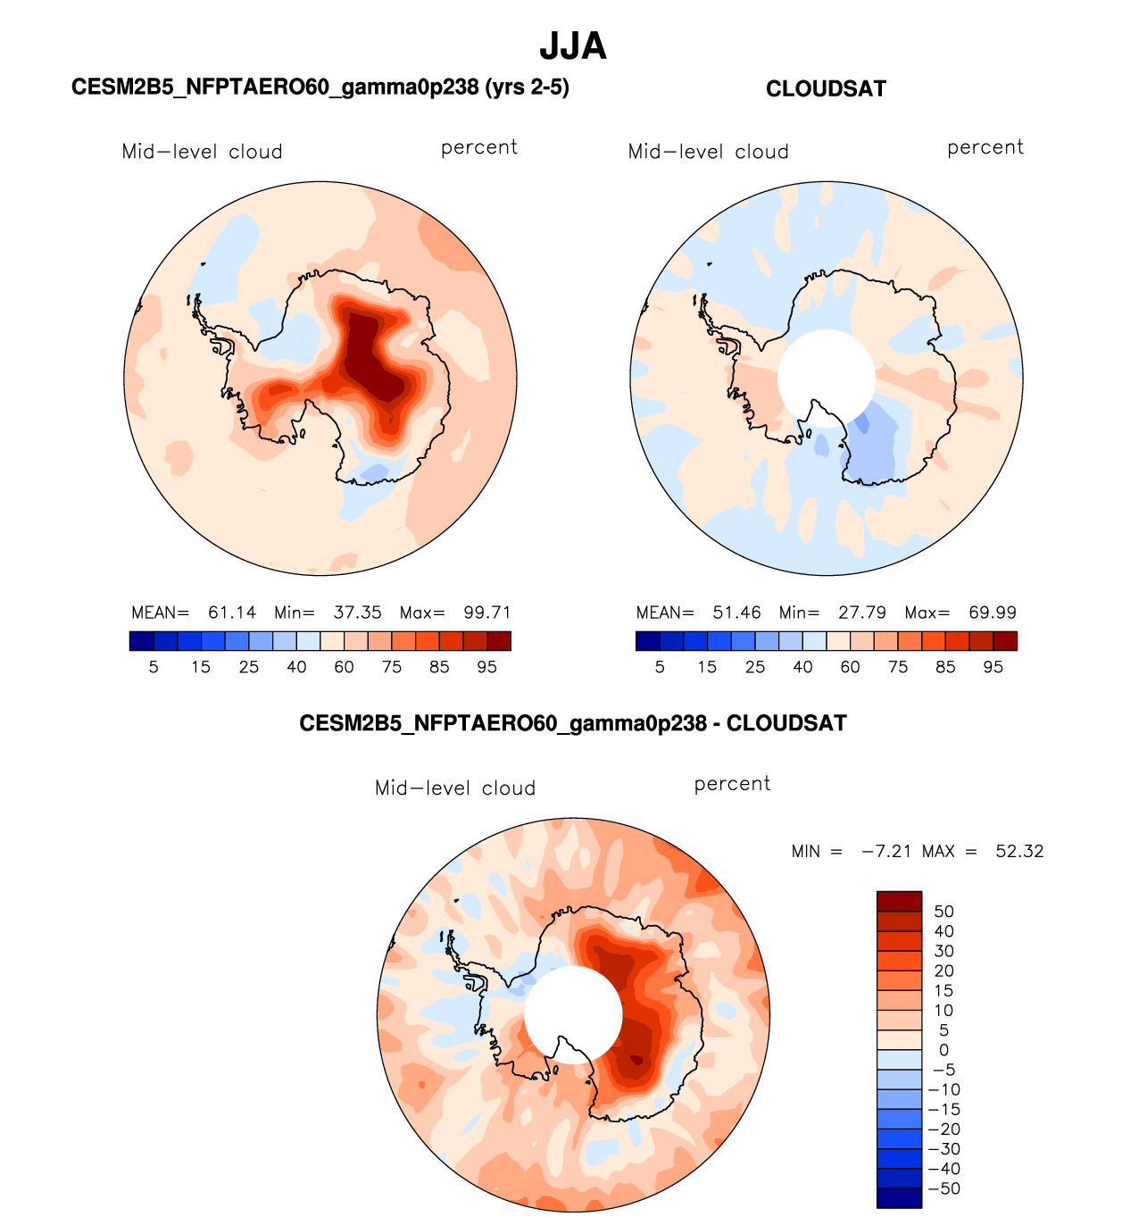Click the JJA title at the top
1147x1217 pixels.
(x=573, y=46)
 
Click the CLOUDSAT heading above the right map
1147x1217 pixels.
(x=826, y=89)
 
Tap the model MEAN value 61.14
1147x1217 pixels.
(x=232, y=613)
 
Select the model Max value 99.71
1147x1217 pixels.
(x=486, y=613)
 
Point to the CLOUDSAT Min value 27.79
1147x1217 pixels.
(x=862, y=613)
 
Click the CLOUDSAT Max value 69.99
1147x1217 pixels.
(x=993, y=613)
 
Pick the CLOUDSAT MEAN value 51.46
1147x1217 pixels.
(x=736, y=613)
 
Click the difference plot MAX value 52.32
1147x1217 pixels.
(x=1019, y=852)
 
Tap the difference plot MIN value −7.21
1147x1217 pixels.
(x=886, y=852)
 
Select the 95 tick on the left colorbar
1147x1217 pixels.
(x=486, y=667)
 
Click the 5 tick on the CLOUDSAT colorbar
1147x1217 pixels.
(x=660, y=667)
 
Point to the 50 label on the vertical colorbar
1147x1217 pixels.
(x=943, y=912)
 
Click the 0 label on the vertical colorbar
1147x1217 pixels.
(x=943, y=1050)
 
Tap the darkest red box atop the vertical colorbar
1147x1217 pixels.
(x=899, y=900)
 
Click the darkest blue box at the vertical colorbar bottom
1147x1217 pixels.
(x=899, y=1198)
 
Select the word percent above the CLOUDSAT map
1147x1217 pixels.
(x=985, y=148)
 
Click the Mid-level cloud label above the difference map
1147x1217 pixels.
(x=455, y=788)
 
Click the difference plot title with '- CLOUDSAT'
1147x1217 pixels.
(x=573, y=723)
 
